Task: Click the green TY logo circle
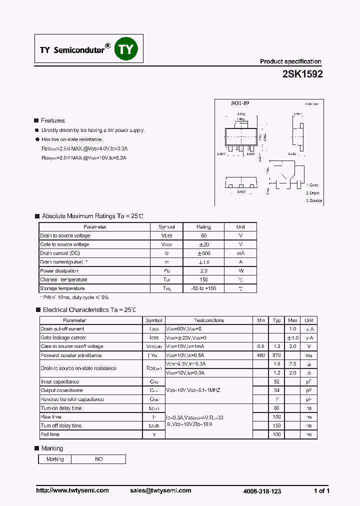(x=126, y=49)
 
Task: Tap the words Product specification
(x=290, y=61)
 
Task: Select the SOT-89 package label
(x=240, y=103)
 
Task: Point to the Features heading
(x=52, y=120)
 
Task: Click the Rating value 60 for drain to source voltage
(x=203, y=235)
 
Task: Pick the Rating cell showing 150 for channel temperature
(x=203, y=279)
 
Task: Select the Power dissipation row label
(x=56, y=270)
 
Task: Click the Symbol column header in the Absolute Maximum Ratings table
(x=166, y=227)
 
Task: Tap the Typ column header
(x=276, y=320)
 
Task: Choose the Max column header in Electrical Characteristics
(x=292, y=320)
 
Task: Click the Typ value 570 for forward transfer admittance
(x=276, y=355)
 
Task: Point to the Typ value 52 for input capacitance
(x=276, y=381)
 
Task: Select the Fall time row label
(x=50, y=434)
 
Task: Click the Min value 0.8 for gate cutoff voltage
(x=260, y=346)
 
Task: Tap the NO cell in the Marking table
(x=98, y=459)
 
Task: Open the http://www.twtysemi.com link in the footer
(x=72, y=490)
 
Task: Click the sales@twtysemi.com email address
(x=160, y=490)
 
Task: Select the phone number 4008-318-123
(x=262, y=491)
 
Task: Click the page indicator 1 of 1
(x=321, y=491)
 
